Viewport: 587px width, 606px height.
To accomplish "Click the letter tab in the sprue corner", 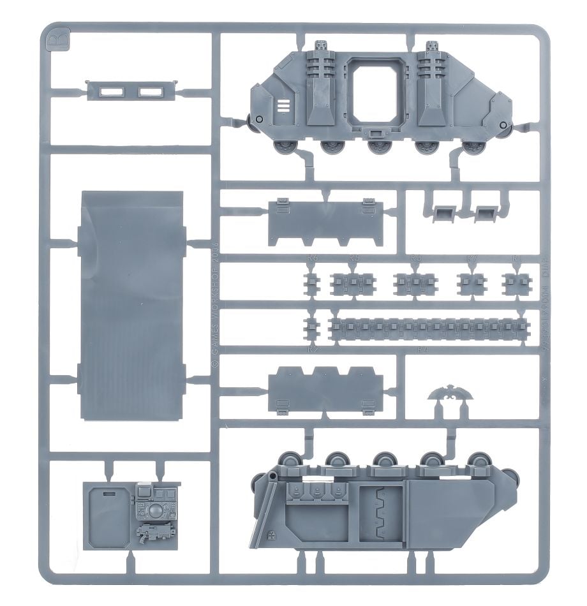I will pyautogui.click(x=54, y=40).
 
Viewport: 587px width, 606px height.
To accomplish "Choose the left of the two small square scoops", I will pyautogui.click(x=443, y=214).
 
